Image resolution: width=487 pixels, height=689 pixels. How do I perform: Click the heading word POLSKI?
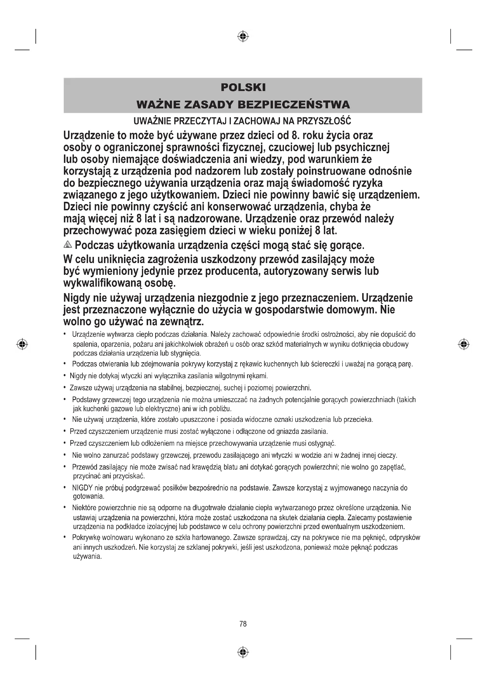pyautogui.click(x=243, y=87)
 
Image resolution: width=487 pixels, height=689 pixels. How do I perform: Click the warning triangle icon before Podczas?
pyautogui.click(x=68, y=244)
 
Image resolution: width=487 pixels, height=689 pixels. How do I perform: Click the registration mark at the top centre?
pyautogui.click(x=243, y=36)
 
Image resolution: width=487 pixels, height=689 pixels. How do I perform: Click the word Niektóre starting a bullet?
pyautogui.click(x=84, y=508)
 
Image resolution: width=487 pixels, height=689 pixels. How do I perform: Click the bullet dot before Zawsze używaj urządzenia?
pyautogui.click(x=65, y=388)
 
